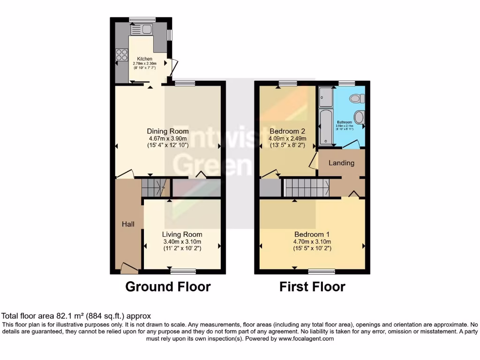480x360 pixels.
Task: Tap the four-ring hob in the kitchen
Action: click(x=121, y=55)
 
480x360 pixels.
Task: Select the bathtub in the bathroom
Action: click(x=325, y=127)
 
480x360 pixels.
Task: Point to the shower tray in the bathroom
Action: click(x=325, y=97)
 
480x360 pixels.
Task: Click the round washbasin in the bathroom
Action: click(x=360, y=117)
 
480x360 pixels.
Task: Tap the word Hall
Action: click(x=128, y=224)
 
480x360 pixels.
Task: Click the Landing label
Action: click(x=341, y=163)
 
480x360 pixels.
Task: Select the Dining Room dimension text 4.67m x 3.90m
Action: click(x=168, y=139)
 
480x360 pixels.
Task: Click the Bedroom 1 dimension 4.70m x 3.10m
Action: click(x=313, y=241)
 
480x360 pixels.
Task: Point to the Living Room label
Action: click(x=182, y=234)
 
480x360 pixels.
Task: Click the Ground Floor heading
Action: click(x=168, y=286)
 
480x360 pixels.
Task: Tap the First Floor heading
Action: click(x=312, y=286)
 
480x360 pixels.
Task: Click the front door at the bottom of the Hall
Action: click(x=129, y=268)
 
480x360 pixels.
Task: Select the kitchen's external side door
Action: click(x=173, y=68)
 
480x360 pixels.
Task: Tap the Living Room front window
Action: click(x=183, y=271)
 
